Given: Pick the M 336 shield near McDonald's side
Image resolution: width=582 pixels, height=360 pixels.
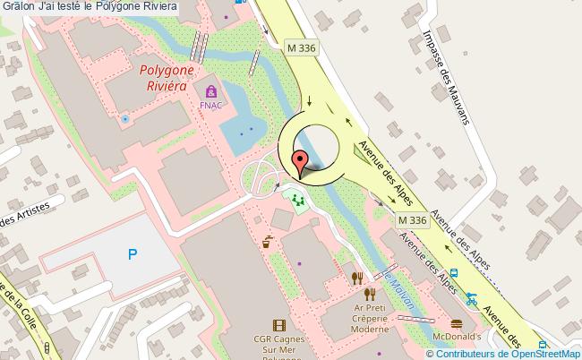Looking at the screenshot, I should point(412,220).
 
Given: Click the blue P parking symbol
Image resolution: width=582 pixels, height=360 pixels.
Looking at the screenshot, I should point(133,255).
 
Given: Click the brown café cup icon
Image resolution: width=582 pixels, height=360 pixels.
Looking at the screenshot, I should point(267,240).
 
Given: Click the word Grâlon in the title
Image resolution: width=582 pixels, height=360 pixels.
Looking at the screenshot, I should point(13,7).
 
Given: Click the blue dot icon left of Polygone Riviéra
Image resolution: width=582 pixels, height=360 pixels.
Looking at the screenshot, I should point(125,118).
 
